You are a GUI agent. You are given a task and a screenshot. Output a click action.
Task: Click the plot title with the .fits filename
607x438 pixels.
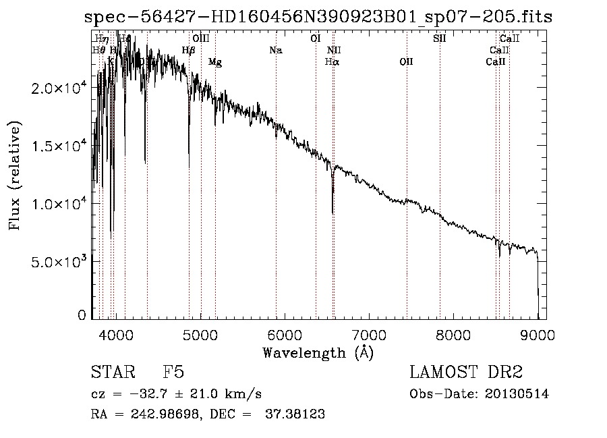[x=318, y=17]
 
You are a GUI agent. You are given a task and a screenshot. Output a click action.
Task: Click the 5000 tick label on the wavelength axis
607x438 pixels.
[x=200, y=334]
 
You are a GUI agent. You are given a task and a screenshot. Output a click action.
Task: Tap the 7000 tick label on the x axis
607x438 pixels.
[x=369, y=334]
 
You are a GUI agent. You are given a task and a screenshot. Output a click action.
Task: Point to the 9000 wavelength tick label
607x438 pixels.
[x=538, y=334]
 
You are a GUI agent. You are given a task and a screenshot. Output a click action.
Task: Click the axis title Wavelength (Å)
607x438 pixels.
[x=318, y=352]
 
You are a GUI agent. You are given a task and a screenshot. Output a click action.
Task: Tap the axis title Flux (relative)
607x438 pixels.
[x=15, y=175]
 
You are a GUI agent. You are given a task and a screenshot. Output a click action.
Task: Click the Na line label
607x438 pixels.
[x=275, y=50]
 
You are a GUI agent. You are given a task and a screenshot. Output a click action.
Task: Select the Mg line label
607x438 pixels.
[x=215, y=62]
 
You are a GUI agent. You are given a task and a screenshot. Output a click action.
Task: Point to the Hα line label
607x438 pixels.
[x=332, y=61]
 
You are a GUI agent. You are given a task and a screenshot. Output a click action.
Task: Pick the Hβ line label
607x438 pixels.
[x=189, y=50]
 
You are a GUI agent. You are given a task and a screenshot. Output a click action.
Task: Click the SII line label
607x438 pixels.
[x=439, y=38]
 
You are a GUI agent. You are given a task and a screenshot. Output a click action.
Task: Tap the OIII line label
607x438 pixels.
[x=201, y=38]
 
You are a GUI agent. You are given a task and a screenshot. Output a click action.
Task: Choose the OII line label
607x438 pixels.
[x=406, y=61]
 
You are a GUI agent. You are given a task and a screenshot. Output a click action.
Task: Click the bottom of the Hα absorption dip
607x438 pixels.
[x=333, y=212]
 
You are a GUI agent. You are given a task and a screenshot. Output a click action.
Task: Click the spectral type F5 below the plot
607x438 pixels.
[x=173, y=373]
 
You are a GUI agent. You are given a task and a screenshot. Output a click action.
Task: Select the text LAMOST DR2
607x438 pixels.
[x=466, y=373]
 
